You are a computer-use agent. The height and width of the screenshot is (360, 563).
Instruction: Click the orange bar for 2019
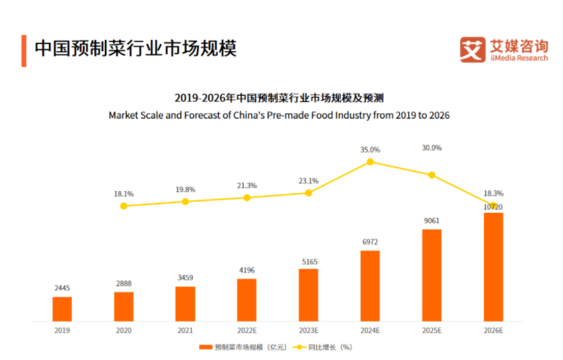62,309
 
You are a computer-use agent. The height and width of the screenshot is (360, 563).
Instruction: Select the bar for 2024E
370,285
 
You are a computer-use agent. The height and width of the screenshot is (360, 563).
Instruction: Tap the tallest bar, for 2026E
493,266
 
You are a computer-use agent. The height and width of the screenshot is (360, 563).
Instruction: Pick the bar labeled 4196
247,300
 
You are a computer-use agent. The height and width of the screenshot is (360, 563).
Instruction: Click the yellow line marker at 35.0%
370,162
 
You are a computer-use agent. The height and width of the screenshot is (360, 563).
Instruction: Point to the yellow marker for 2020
124,205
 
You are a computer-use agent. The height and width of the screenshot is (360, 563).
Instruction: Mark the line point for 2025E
432,175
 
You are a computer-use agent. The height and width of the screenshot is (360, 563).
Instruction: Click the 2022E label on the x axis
247,330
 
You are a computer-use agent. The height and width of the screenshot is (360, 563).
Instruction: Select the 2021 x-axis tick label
185,330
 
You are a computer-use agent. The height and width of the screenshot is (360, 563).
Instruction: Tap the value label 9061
432,221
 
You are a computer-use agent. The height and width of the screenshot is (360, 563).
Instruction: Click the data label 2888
124,284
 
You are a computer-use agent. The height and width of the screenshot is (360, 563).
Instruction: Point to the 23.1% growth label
309,181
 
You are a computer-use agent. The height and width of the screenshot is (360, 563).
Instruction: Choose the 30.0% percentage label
432,148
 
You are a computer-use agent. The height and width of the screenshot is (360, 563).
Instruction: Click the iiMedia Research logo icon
472,50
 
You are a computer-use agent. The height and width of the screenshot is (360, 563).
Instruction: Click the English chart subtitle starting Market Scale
278,115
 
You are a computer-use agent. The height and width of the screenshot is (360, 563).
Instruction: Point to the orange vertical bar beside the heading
23,49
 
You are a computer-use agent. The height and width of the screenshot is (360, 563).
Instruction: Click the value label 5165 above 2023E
309,262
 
